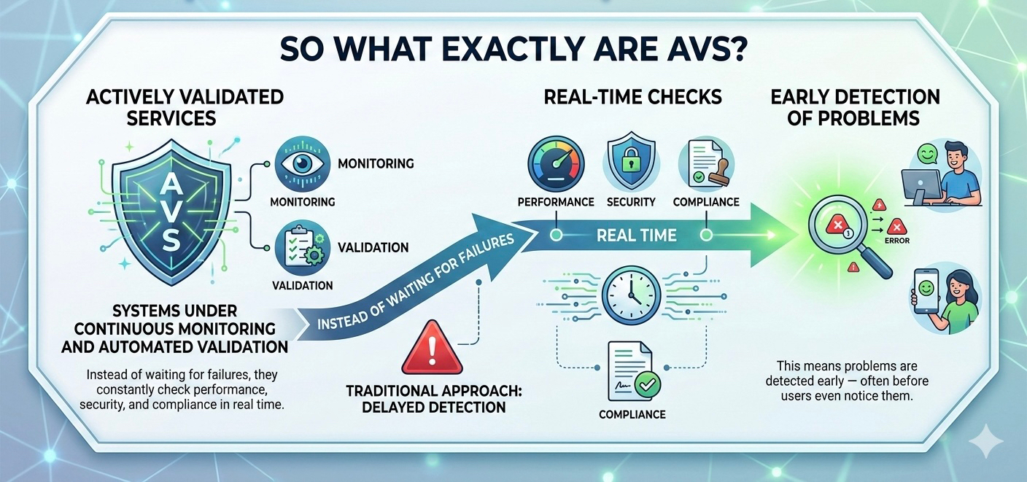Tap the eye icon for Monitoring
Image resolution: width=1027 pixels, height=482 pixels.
click(x=302, y=164)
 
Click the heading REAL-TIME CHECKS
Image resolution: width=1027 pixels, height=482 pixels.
click(x=632, y=97)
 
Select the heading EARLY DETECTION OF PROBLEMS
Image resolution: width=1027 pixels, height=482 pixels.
click(x=855, y=107)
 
